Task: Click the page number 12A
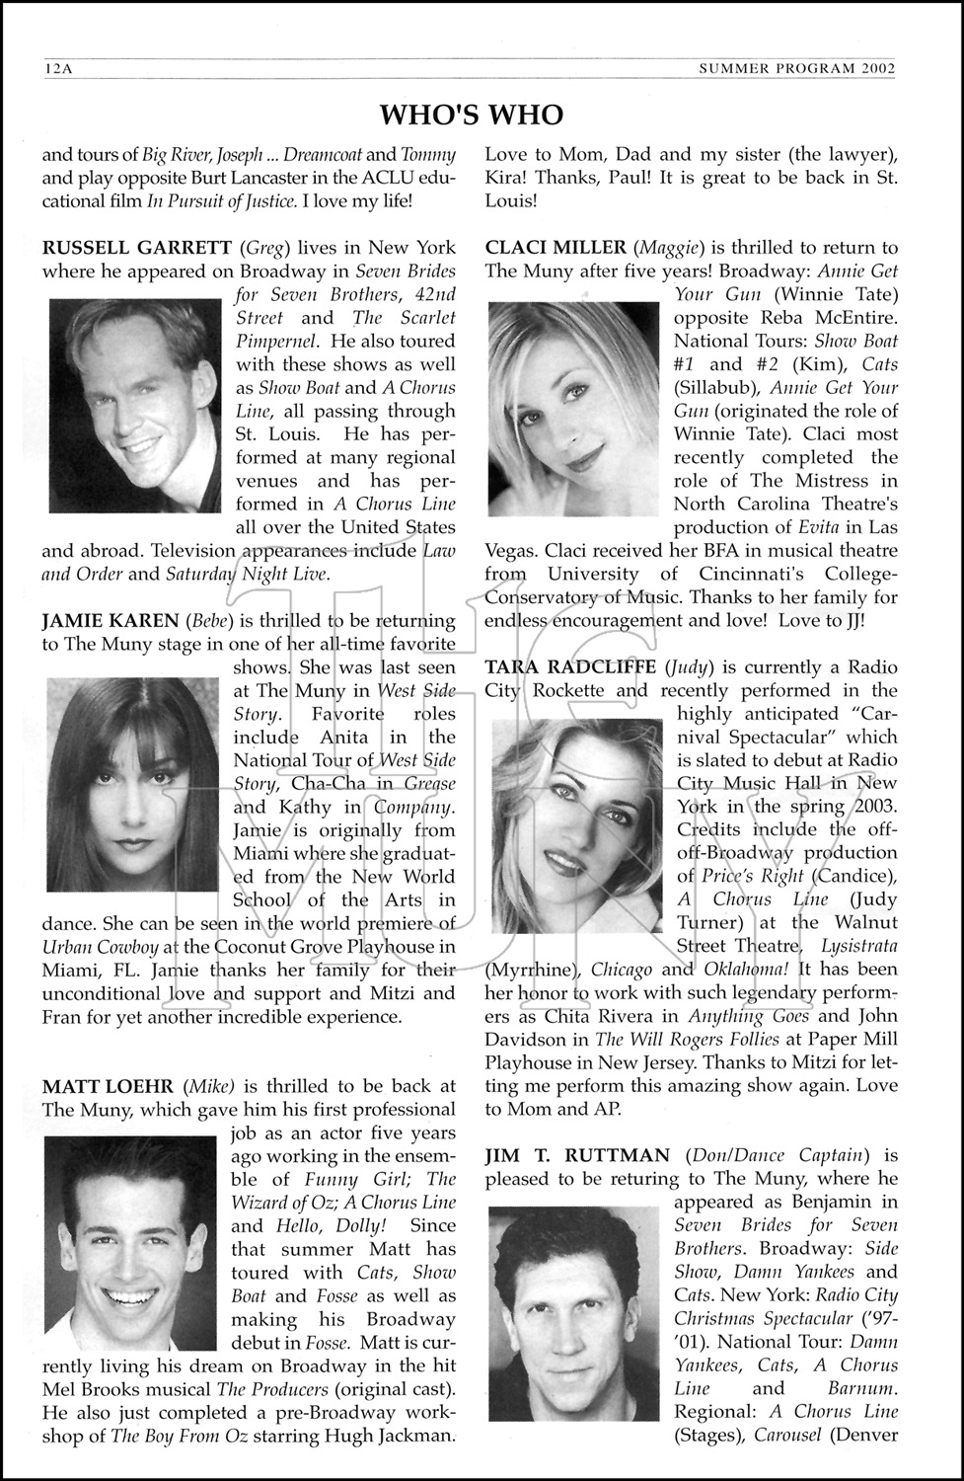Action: (59, 69)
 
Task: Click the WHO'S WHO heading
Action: (472, 115)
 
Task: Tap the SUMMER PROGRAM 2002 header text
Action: (796, 69)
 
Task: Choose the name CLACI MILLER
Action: (556, 247)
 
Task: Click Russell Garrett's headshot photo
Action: (135, 405)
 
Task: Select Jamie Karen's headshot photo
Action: (133, 785)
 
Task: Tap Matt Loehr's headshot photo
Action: (129, 1242)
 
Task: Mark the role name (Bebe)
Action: (213, 621)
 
